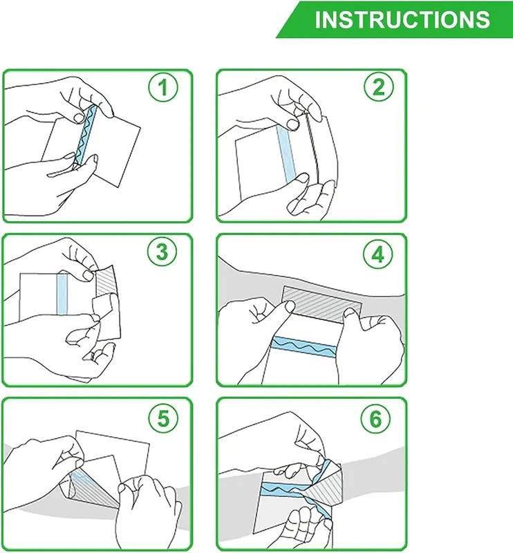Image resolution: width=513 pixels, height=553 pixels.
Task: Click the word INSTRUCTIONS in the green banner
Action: click(x=402, y=19)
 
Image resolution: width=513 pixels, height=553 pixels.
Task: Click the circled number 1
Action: click(x=163, y=87)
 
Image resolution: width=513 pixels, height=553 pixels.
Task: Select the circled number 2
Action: click(x=379, y=87)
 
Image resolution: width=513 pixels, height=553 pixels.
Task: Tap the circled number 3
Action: click(x=162, y=252)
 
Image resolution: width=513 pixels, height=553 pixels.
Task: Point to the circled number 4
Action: click(x=378, y=254)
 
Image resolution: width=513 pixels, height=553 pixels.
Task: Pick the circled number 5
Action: click(x=163, y=418)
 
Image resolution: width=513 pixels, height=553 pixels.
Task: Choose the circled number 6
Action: click(x=375, y=418)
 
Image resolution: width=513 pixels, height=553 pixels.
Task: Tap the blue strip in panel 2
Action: click(x=286, y=154)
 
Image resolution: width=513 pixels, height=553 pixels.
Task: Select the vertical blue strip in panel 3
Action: click(x=62, y=294)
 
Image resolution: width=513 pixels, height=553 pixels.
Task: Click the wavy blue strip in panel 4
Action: click(x=304, y=347)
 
